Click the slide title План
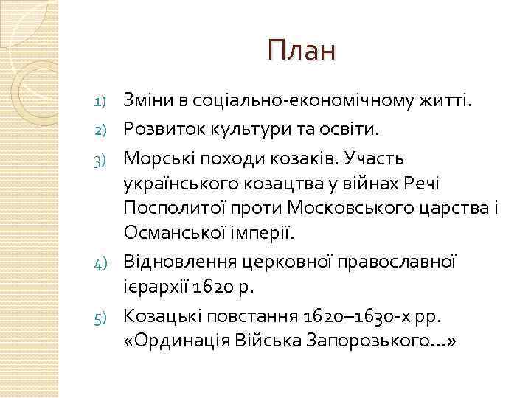click(302, 51)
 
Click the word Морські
click(154, 158)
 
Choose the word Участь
click(375, 158)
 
